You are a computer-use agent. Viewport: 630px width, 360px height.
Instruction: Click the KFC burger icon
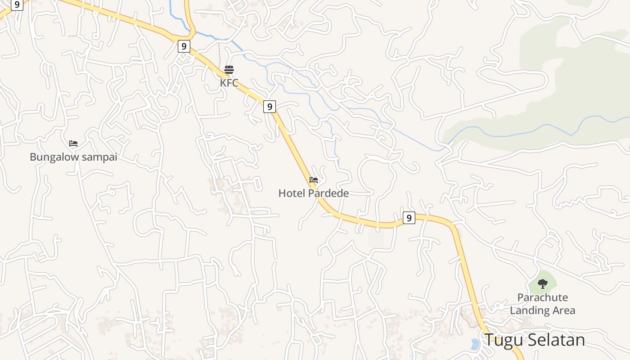pos(229,70)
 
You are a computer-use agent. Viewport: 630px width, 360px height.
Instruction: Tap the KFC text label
pos(229,83)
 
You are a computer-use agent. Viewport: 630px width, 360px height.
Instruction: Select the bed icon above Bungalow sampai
pos(73,144)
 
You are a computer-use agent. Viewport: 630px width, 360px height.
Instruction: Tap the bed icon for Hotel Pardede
pos(314,180)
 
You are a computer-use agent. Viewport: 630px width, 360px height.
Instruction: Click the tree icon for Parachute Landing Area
pos(543,284)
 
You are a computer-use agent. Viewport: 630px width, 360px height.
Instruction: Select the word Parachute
pos(543,297)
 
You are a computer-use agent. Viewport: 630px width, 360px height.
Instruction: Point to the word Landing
pos(529,310)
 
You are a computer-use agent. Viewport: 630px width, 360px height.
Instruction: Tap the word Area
pos(563,310)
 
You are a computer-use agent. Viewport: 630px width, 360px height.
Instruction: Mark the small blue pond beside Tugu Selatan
pos(475,344)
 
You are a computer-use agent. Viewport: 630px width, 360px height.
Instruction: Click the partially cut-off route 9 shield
pos(17,4)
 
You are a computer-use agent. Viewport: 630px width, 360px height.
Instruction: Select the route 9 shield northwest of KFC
pos(184,46)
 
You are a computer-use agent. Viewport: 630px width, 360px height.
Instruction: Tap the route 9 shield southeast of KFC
pos(269,107)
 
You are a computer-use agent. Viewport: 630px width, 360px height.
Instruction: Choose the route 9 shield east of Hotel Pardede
pos(409,218)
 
